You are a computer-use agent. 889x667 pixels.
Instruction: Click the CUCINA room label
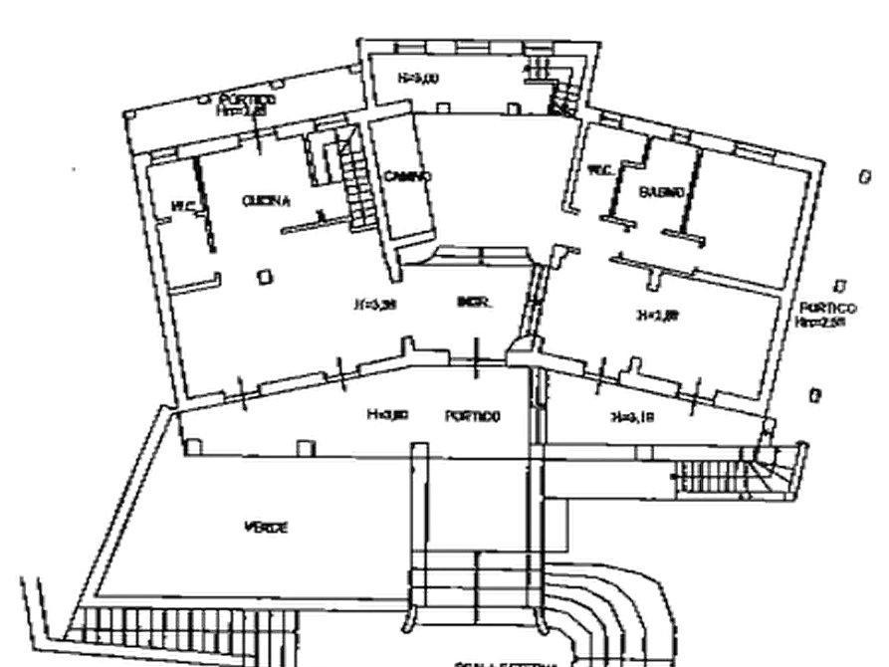click(x=267, y=200)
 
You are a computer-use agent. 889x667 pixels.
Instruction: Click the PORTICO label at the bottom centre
click(x=472, y=413)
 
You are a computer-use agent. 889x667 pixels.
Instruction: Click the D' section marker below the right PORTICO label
click(x=816, y=397)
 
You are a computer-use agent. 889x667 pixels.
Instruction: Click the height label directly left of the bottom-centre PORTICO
click(x=387, y=413)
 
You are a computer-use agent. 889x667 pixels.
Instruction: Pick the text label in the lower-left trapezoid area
click(x=269, y=524)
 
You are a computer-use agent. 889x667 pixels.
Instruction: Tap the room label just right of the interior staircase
click(x=409, y=175)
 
